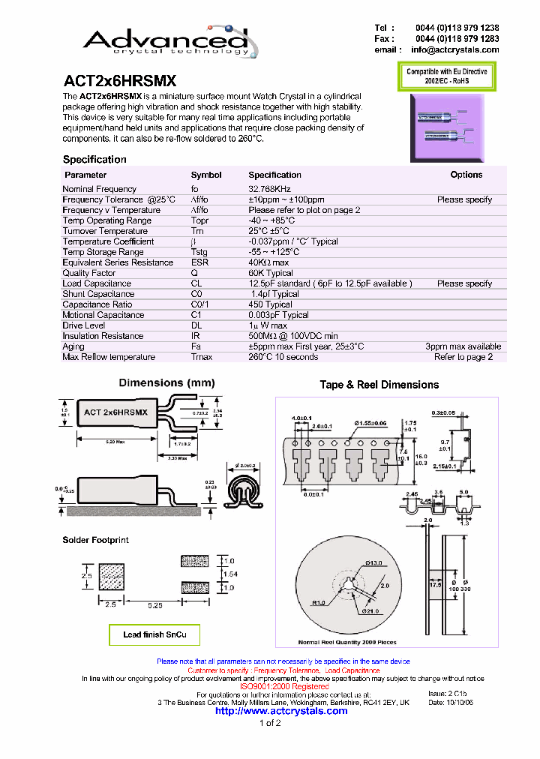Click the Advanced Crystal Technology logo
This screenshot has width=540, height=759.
(x=165, y=37)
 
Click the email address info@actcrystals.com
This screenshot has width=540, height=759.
(x=454, y=50)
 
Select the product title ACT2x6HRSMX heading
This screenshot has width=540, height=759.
(x=120, y=81)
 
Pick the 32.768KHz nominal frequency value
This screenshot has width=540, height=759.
(x=270, y=189)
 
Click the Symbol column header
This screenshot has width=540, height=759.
(x=206, y=175)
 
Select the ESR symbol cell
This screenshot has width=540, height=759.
(x=199, y=262)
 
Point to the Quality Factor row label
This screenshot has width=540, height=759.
(x=89, y=273)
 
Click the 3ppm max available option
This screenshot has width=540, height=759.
(x=463, y=346)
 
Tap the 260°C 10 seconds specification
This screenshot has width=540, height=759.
(x=283, y=357)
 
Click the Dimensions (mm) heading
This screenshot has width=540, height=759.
(x=166, y=383)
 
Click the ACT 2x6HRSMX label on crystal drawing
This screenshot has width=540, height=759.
(x=115, y=412)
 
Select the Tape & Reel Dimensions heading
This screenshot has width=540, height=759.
(x=379, y=385)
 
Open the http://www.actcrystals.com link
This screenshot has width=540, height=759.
(x=281, y=711)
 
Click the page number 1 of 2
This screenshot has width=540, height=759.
(x=270, y=723)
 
